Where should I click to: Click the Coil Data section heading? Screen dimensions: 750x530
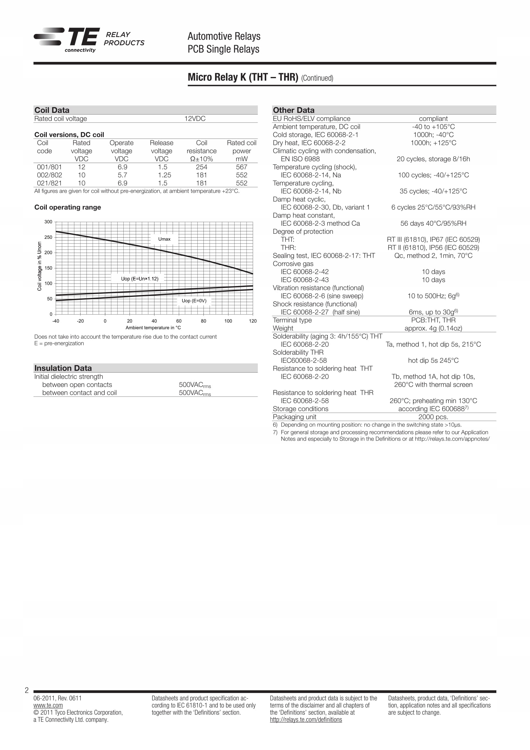pos(52,110)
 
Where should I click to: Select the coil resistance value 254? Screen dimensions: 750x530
pos(201,167)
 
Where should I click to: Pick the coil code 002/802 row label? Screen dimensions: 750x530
pos(49,175)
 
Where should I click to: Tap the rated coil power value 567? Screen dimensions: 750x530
pos(242,167)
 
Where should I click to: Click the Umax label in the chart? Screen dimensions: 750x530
pos(164,239)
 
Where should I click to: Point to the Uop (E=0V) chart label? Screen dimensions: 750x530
pos(194,300)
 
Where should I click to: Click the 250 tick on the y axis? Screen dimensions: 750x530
pos(48,237)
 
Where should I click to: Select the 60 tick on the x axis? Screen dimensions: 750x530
pos(179,321)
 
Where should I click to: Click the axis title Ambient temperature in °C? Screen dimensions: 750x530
pos(153,328)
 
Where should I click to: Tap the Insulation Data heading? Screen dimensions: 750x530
pos(63,368)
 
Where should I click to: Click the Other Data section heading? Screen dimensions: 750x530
pos(294,110)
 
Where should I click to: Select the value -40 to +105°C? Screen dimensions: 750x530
pos(433,127)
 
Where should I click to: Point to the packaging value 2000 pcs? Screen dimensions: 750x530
pos(433,417)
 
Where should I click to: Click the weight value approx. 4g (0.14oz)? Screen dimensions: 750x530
pos(433,328)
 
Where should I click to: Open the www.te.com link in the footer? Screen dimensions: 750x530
pos(48,705)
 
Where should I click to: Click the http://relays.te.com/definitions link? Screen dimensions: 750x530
pos(306,720)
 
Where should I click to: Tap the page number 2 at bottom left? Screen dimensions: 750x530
pos(27,690)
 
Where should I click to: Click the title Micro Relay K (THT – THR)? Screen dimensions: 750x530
pos(243,77)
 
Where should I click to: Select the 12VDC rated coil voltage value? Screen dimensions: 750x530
pos(195,119)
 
